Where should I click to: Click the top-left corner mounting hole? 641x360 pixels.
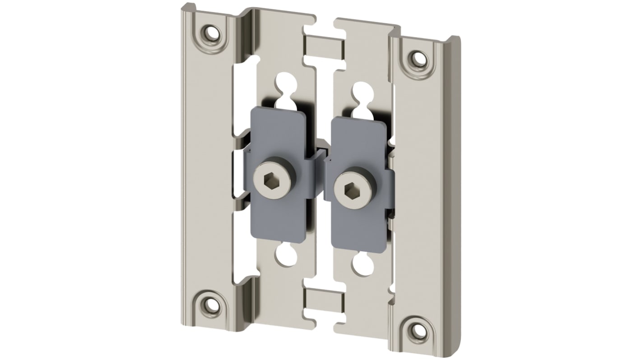point(211,33)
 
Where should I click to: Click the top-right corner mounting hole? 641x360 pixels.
point(418,58)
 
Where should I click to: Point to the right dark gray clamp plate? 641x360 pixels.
point(357,226)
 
